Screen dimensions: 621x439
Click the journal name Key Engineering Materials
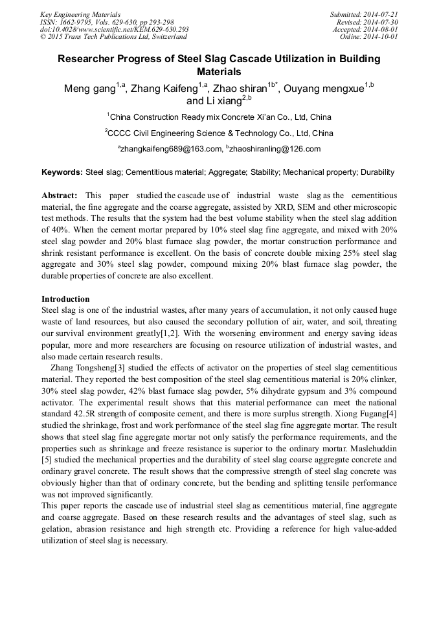coord(80,14)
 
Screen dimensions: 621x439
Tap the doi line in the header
coord(114,30)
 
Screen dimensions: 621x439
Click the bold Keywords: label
coord(62,173)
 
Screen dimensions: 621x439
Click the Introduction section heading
coord(65,299)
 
